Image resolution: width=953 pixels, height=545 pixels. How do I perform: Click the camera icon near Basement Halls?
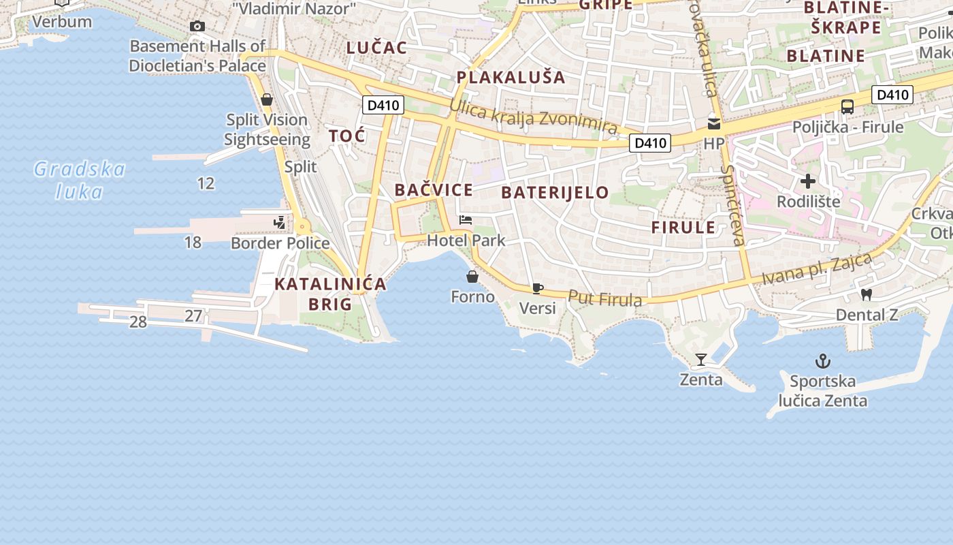point(197,26)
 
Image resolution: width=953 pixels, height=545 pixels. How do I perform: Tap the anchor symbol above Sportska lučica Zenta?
point(824,360)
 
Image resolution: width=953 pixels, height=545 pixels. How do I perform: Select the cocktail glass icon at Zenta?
point(701,359)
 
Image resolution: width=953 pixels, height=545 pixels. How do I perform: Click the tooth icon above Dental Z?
point(867,294)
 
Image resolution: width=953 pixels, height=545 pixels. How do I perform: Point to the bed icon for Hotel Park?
point(466,220)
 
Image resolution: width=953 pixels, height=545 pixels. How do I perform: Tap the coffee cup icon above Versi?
point(537,288)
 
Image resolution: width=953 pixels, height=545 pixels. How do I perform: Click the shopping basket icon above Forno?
point(472,277)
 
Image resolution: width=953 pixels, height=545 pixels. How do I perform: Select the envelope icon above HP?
point(713,123)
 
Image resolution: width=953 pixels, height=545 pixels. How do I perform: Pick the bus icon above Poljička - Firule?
point(847,107)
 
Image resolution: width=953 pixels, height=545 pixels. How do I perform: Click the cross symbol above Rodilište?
point(808,181)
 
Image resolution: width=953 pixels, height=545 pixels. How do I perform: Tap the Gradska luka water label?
point(79,180)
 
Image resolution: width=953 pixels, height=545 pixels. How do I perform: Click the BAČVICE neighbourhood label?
point(434,190)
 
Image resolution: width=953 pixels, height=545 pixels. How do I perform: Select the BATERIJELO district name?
point(555,192)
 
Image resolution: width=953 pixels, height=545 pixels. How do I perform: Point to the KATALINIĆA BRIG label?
point(330,294)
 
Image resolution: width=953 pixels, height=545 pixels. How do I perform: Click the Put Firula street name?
point(604,298)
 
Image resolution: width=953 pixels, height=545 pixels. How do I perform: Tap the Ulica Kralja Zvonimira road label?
point(534,117)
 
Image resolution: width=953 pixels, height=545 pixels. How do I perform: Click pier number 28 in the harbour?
point(138,322)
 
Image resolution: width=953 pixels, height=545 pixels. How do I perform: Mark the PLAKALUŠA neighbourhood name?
point(511,77)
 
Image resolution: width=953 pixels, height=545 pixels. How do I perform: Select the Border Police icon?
point(279,223)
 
